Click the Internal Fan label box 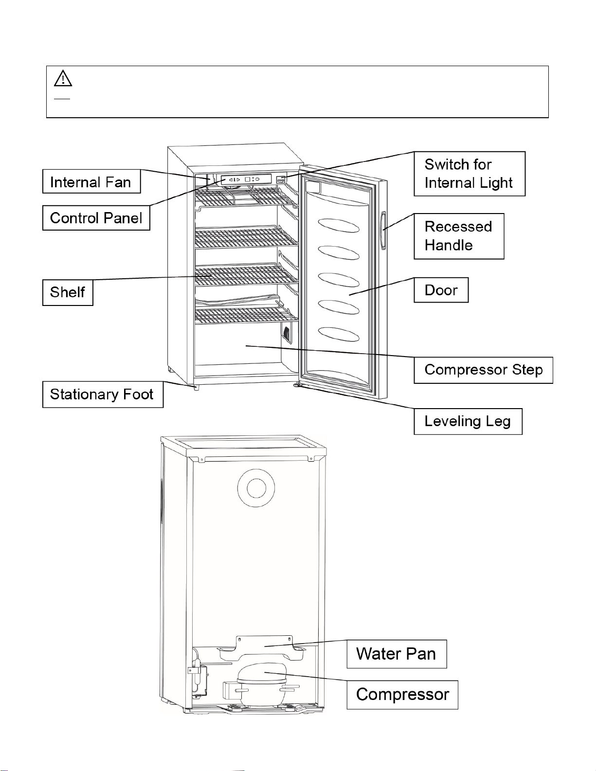click(x=91, y=181)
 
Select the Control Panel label click(x=96, y=218)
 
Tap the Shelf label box click(x=68, y=292)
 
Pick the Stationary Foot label click(x=103, y=394)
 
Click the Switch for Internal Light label click(x=470, y=174)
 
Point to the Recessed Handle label click(x=459, y=236)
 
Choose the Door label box click(x=441, y=290)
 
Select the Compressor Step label click(x=483, y=370)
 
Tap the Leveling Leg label click(x=468, y=421)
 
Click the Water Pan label click(x=396, y=654)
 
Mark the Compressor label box click(x=402, y=695)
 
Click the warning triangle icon click(x=63, y=79)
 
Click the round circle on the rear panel click(x=256, y=488)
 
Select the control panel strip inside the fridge click(x=246, y=179)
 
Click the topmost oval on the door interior click(x=339, y=225)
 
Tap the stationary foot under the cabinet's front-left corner click(x=196, y=387)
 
